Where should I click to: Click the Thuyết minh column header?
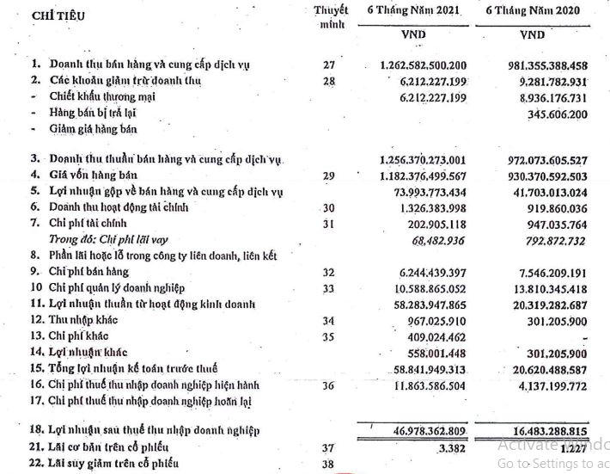[x=331, y=16]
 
